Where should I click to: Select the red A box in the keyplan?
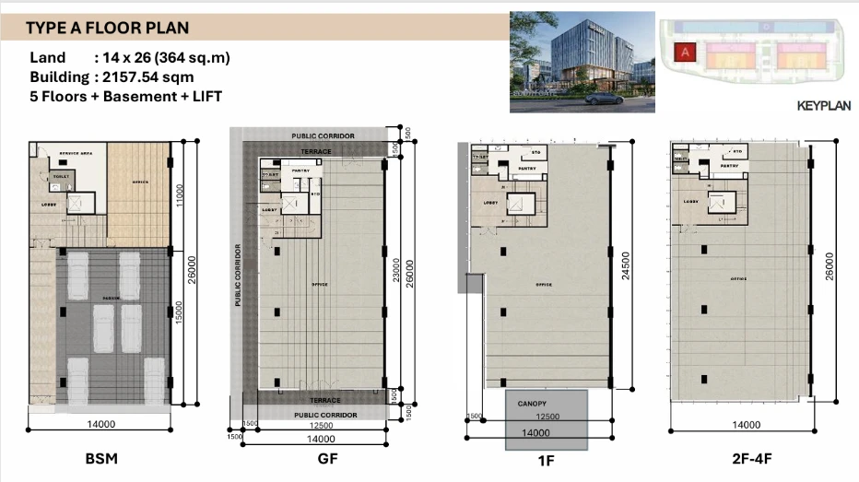click(684, 52)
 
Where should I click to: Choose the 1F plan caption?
click(544, 458)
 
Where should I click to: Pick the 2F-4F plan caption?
click(746, 458)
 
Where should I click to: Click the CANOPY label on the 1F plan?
click(532, 403)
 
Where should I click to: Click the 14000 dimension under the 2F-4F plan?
click(746, 425)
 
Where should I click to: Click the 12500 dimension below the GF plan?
click(323, 425)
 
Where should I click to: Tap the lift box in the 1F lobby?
click(520, 204)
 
